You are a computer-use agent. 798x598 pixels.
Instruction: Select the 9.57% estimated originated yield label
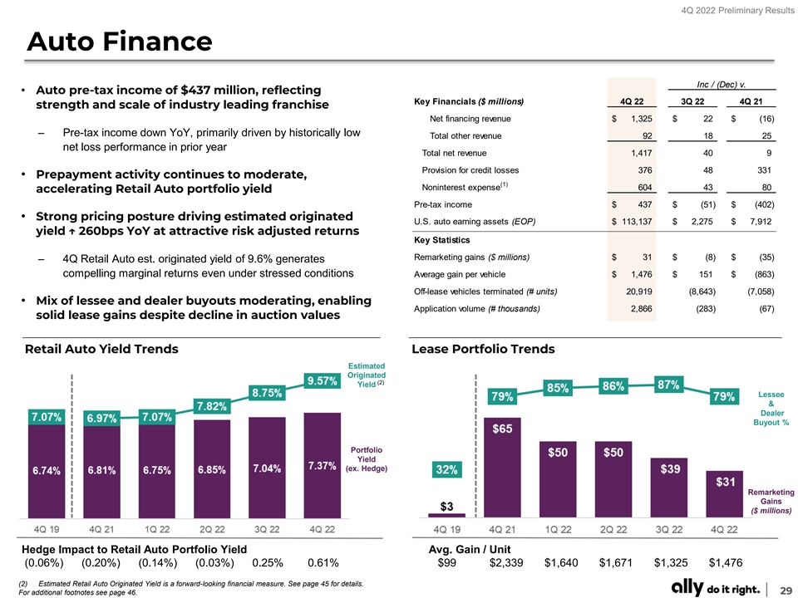[322, 380]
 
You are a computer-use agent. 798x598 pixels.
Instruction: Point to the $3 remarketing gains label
[446, 506]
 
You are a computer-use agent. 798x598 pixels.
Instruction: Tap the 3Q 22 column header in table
[687, 101]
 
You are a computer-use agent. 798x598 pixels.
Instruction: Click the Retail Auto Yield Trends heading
[101, 349]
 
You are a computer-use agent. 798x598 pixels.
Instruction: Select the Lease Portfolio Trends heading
[483, 349]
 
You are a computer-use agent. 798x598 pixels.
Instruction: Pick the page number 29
[781, 589]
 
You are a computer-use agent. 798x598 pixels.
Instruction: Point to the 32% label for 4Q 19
[446, 470]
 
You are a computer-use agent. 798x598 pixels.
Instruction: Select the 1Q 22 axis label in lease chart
[557, 529]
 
